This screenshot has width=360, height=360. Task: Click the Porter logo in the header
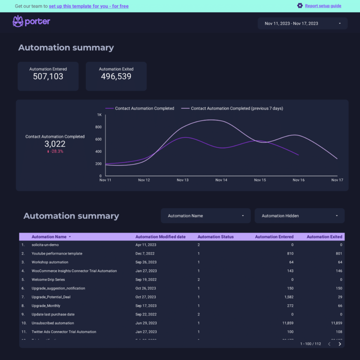click(x=31, y=22)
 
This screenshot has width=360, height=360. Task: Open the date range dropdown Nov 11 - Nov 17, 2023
click(x=302, y=23)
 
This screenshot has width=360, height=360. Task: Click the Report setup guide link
click(x=323, y=6)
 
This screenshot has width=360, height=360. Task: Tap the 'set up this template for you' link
click(x=89, y=6)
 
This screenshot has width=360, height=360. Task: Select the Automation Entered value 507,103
click(x=48, y=76)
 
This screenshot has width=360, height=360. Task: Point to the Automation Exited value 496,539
click(x=116, y=76)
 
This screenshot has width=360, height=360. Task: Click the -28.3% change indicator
click(x=55, y=151)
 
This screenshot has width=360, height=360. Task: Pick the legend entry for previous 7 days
click(x=237, y=108)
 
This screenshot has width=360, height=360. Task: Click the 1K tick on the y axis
click(x=99, y=115)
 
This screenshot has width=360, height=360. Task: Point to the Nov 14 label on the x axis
click(x=221, y=180)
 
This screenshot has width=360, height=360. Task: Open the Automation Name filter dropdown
click(x=206, y=216)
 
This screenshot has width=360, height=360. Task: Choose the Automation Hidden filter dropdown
click(x=299, y=216)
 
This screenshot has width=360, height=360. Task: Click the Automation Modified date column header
click(x=160, y=237)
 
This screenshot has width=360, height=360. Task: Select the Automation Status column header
click(x=215, y=237)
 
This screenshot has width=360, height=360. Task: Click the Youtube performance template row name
click(x=57, y=254)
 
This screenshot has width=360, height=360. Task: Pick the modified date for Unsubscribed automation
click(x=146, y=323)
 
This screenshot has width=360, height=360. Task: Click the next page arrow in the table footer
click(x=340, y=344)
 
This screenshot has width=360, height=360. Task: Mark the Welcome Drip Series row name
click(x=48, y=280)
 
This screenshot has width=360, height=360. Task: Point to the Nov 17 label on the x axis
click(x=337, y=180)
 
